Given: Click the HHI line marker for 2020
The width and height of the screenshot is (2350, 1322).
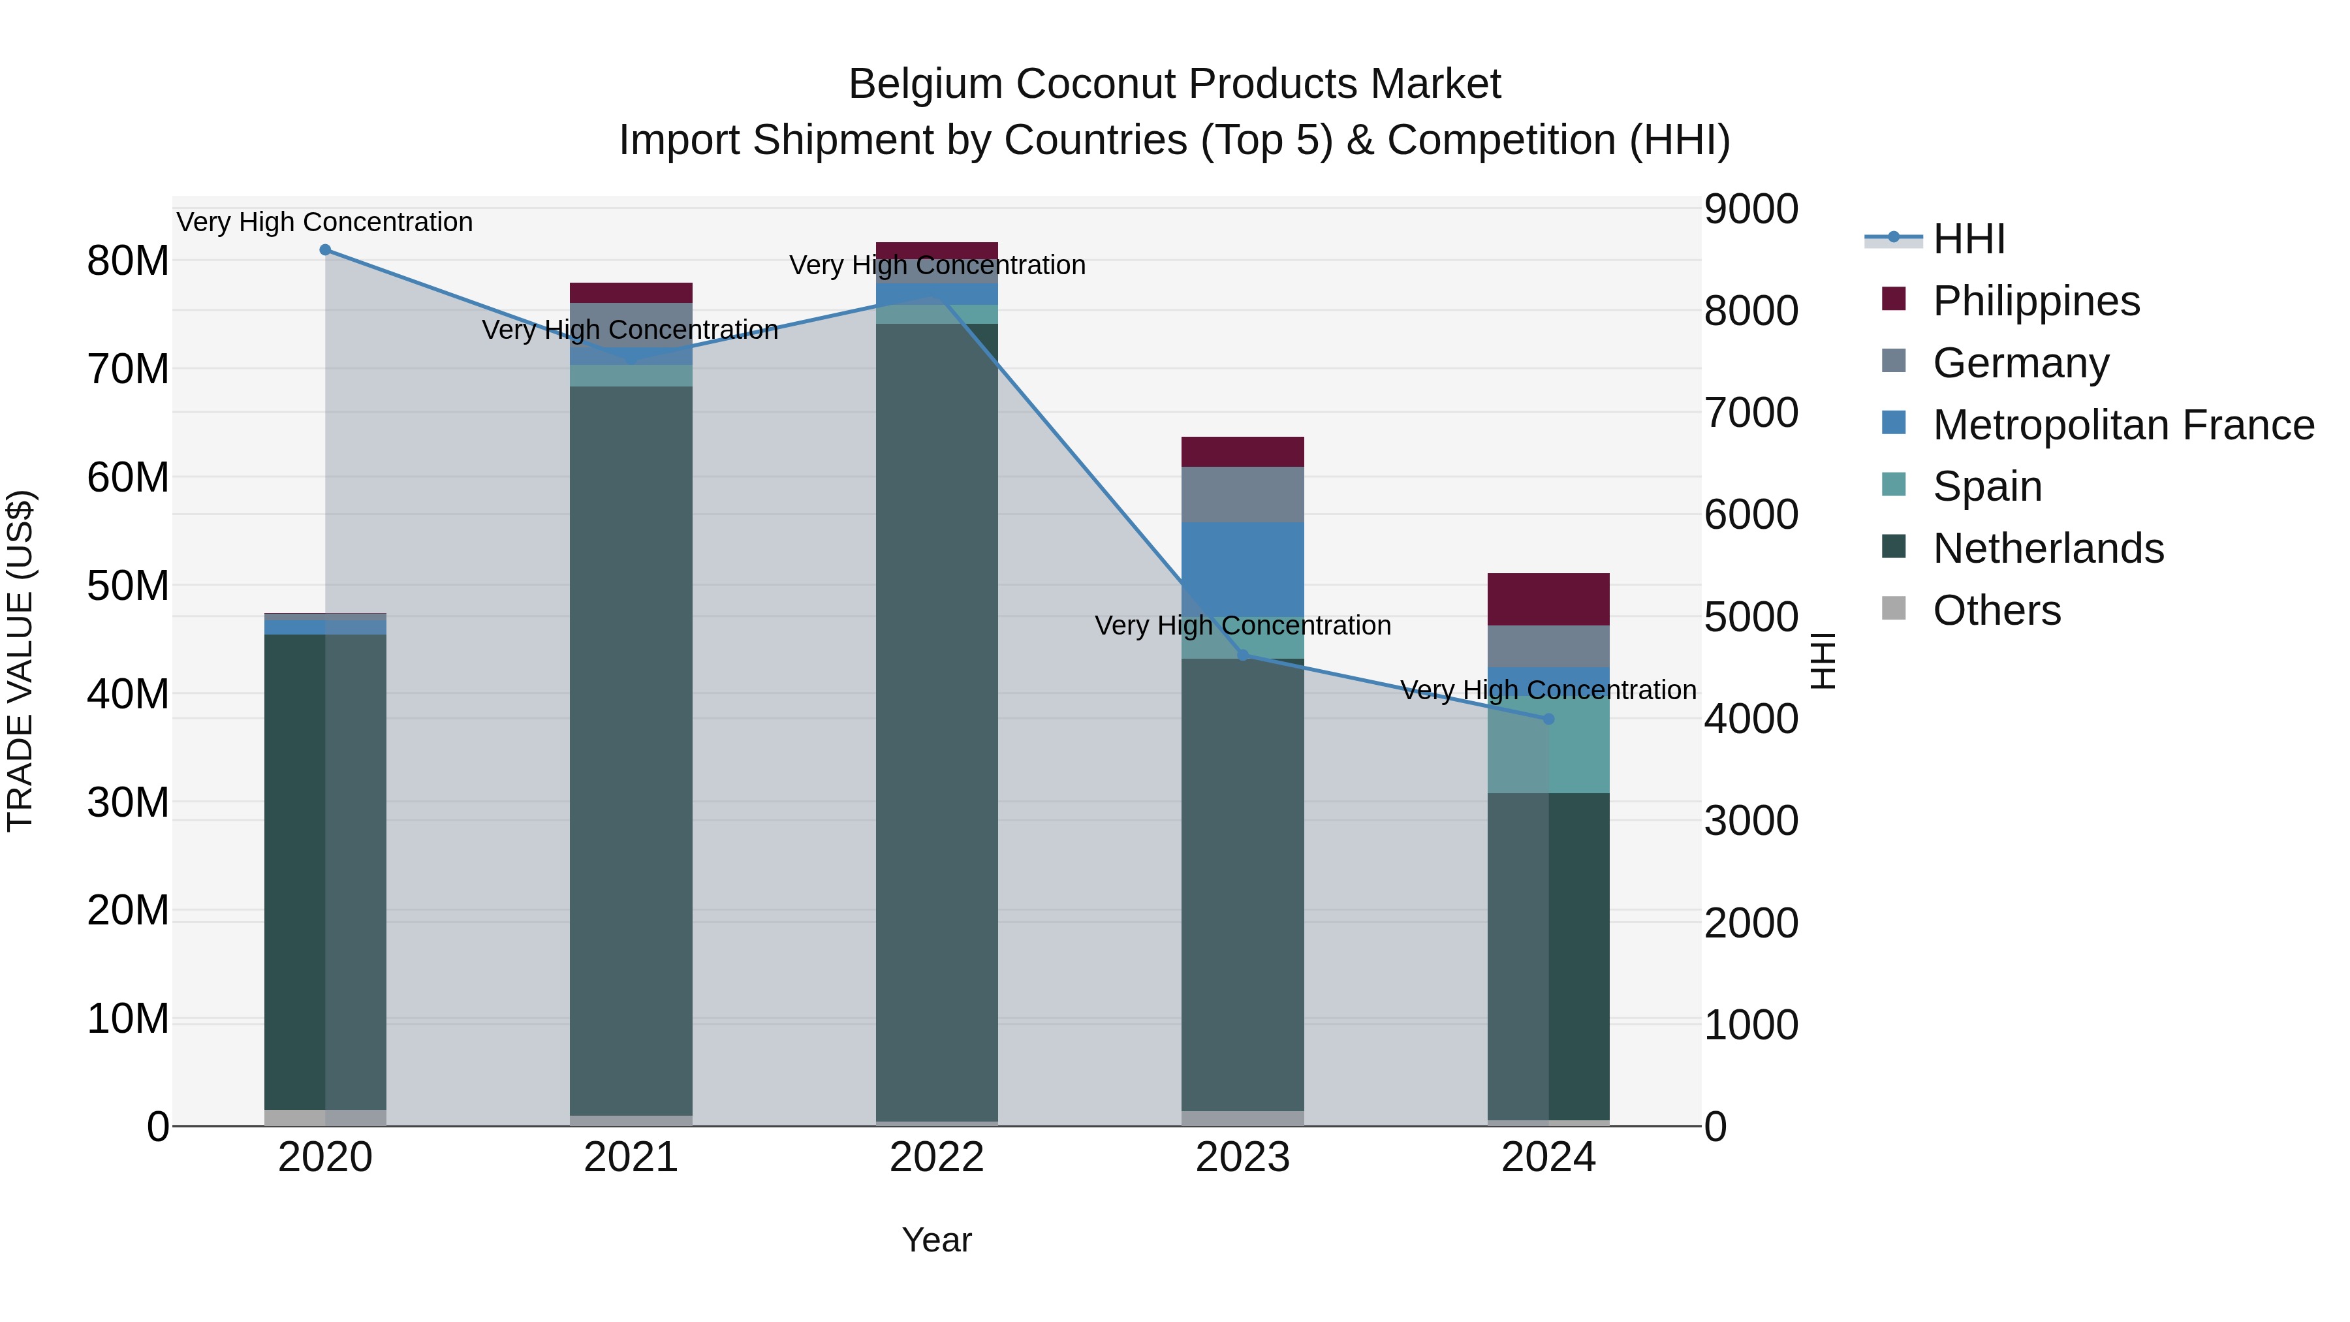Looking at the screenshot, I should [x=325, y=250].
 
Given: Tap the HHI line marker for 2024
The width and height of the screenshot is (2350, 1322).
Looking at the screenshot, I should [x=1548, y=719].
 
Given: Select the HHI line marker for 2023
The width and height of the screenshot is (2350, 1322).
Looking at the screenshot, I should [x=1242, y=655].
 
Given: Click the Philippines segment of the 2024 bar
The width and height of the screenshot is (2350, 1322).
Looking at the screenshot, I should [x=1548, y=599].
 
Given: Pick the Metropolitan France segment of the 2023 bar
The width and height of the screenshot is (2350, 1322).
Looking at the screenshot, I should [x=1242, y=565].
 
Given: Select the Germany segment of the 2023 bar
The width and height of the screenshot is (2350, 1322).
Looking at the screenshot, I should [x=1242, y=494].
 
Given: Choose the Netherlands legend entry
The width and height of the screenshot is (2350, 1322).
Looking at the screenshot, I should [x=2048, y=548].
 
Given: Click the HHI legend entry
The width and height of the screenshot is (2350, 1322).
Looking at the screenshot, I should [x=1969, y=239].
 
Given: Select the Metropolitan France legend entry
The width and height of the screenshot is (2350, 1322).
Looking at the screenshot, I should [x=2123, y=425].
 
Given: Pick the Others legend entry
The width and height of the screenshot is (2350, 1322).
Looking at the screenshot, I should [x=1996, y=610].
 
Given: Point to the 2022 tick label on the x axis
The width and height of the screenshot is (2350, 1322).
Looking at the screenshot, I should [x=937, y=1157].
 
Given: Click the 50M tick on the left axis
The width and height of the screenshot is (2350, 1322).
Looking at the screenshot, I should [x=128, y=586].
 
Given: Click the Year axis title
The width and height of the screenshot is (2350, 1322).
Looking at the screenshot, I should [x=937, y=1240].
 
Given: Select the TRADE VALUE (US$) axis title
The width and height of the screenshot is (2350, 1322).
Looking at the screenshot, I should [x=20, y=661].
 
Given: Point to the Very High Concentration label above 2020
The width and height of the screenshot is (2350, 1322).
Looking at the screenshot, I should [x=325, y=222].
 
